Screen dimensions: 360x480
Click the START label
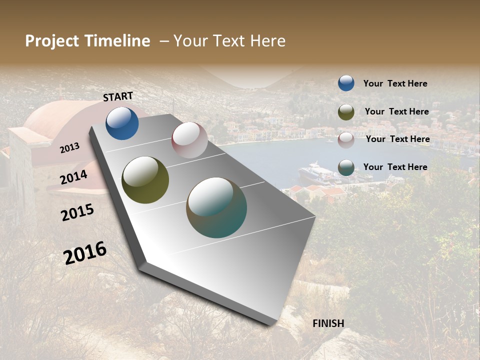[118, 96]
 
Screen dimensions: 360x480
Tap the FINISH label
[328, 323]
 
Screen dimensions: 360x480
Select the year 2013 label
[70, 147]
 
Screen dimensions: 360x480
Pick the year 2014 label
[73, 177]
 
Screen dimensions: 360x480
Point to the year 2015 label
[77, 212]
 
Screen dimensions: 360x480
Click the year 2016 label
[85, 252]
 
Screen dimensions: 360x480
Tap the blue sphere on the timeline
[122, 123]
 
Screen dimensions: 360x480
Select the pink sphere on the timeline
[189, 140]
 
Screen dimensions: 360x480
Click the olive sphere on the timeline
[145, 180]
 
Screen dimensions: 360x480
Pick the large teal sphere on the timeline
[216, 207]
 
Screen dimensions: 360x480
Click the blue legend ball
[346, 83]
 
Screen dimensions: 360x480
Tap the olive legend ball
[346, 112]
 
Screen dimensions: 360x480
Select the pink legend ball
[346, 140]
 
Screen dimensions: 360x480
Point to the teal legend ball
[346, 168]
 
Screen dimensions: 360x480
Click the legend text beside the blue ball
[395, 83]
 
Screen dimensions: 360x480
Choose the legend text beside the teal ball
[395, 167]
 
